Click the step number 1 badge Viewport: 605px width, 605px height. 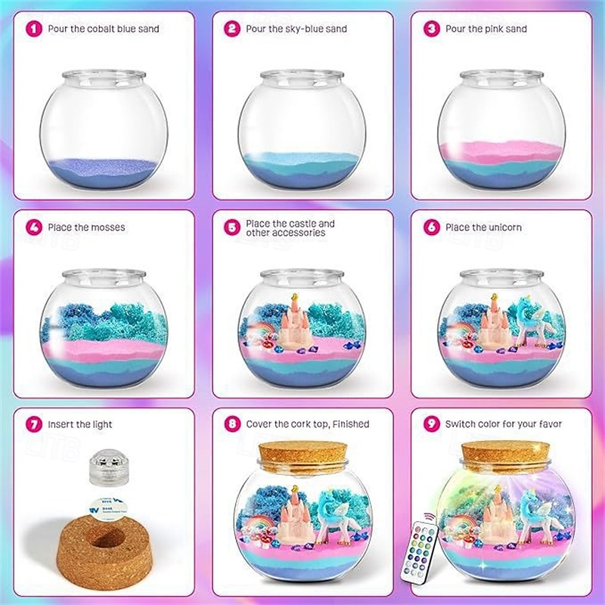click(33, 29)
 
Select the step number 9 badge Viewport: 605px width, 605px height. click(431, 424)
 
